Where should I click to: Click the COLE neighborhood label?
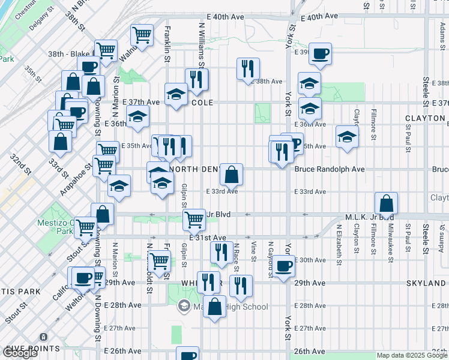click(202, 103)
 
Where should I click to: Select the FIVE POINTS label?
click(31, 348)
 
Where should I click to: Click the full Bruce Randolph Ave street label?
click(330, 169)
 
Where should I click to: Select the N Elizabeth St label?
click(339, 245)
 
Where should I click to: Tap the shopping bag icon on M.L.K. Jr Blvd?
click(387, 203)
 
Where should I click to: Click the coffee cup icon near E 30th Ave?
click(284, 265)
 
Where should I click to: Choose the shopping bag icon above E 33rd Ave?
click(231, 175)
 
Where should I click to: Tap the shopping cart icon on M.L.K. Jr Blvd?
click(194, 220)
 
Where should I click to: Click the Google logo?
click(20, 353)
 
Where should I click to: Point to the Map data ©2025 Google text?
click(411, 355)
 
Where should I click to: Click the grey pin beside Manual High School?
click(184, 307)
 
